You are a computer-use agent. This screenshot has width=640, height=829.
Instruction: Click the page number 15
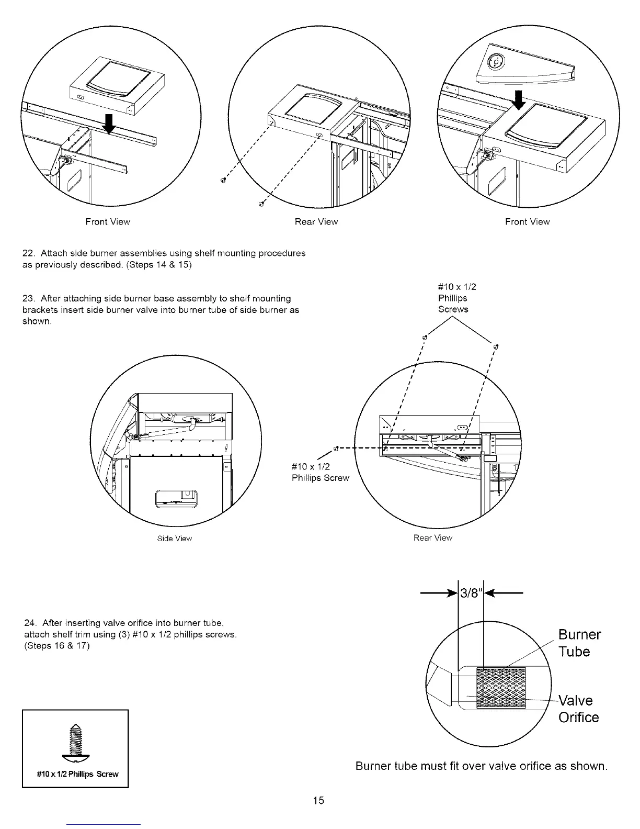tap(319, 800)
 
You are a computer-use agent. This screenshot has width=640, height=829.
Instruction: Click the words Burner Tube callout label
tap(579, 643)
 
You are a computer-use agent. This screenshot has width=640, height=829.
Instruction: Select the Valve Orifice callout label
tap(578, 709)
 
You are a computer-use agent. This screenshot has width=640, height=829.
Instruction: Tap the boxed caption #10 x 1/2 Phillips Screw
tap(75, 774)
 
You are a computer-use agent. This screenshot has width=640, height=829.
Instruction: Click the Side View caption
tap(175, 539)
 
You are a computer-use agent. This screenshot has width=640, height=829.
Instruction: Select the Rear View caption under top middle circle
tap(316, 222)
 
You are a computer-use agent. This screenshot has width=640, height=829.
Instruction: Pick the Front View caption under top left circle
tap(108, 222)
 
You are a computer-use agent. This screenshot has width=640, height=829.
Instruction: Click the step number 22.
tap(28, 253)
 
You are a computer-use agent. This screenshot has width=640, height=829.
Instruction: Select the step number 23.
tap(28, 299)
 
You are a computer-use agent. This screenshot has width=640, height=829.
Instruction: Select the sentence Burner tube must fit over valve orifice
tap(481, 767)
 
